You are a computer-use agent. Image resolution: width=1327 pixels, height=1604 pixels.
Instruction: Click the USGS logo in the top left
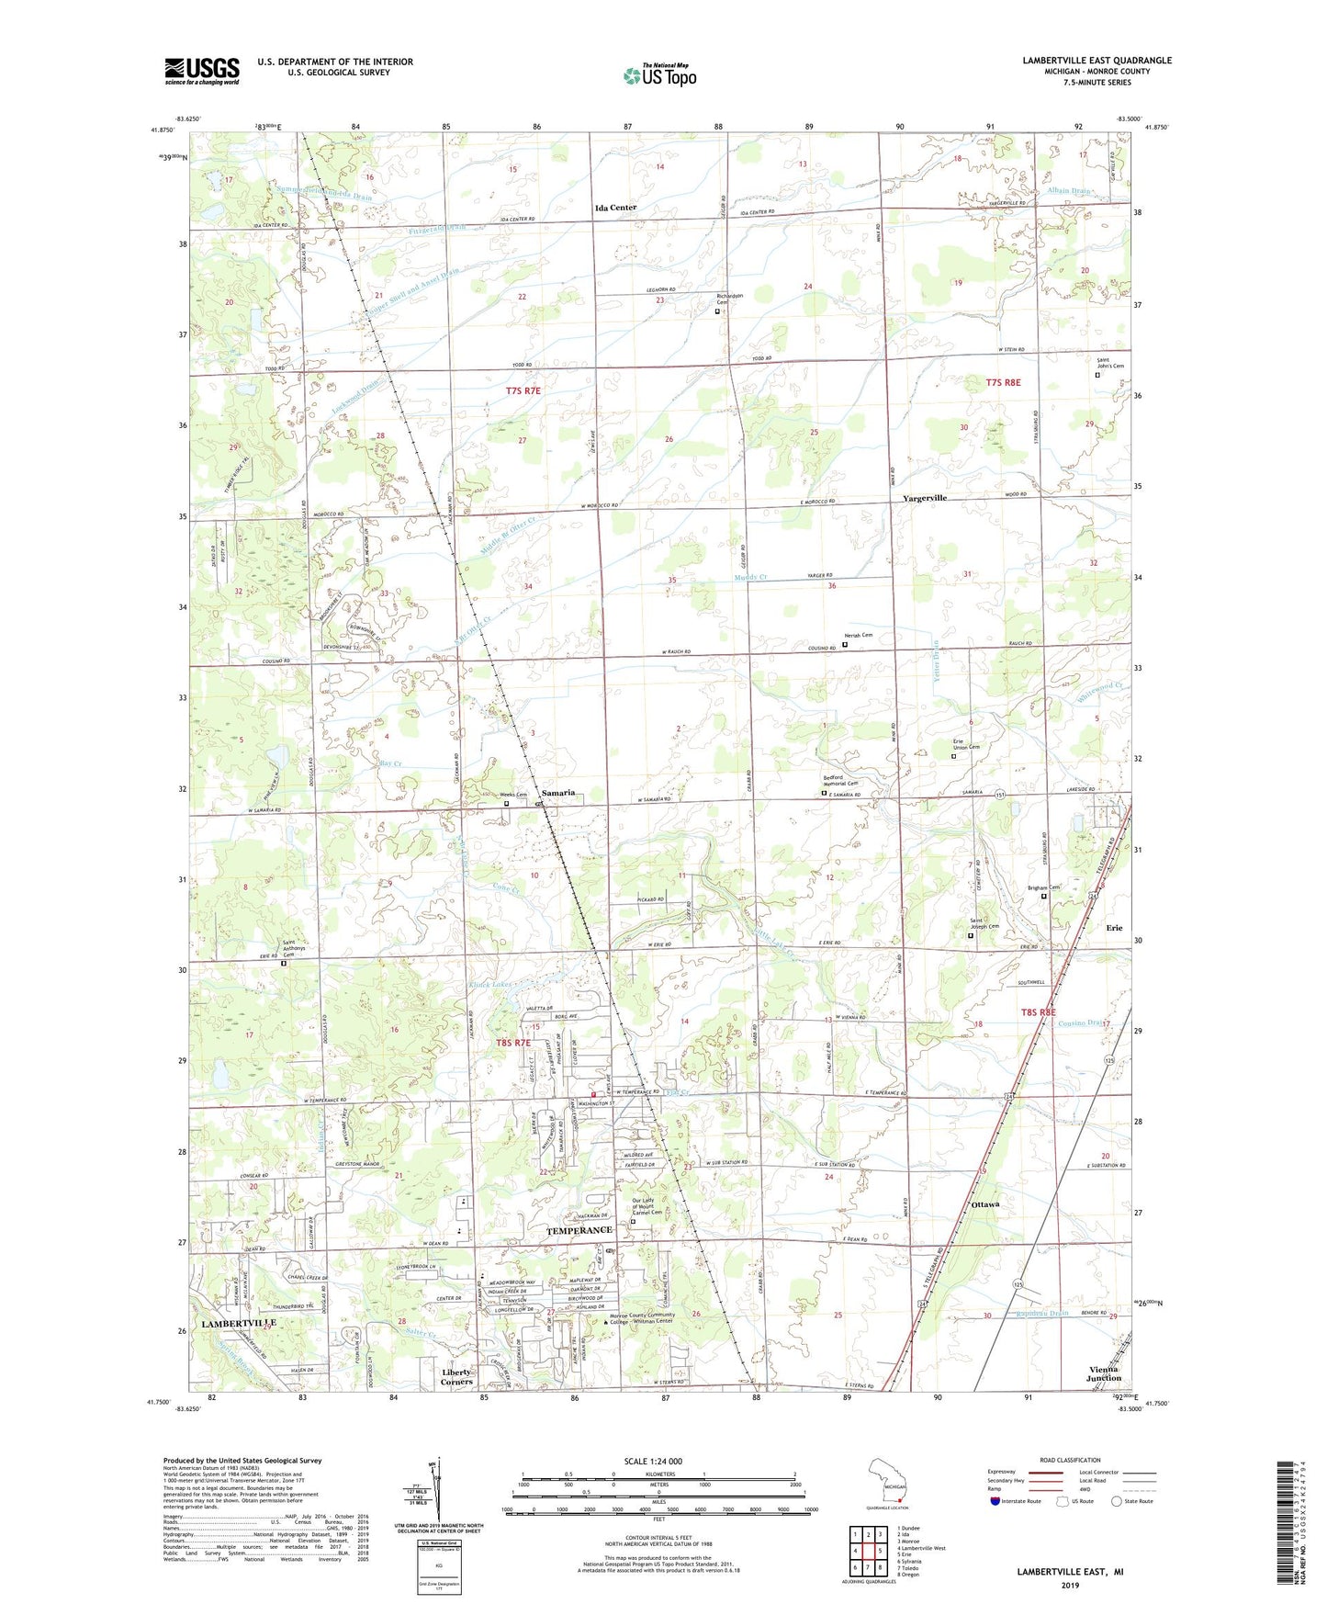pos(202,71)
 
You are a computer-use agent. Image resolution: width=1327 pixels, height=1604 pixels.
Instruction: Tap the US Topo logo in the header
pos(659,75)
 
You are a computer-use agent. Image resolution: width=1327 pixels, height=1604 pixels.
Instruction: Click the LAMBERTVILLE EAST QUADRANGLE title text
pos(1096,61)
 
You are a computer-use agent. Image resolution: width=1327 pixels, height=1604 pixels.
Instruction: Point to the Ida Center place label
pos(615,208)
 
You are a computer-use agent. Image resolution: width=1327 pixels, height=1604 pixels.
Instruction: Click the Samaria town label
pos(558,793)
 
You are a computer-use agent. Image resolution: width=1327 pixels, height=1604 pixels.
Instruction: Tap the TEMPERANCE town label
pos(579,1230)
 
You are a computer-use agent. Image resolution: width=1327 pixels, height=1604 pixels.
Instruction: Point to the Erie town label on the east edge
pos(1114,928)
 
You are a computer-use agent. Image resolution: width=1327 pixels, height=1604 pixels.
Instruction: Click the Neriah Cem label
pos(858,635)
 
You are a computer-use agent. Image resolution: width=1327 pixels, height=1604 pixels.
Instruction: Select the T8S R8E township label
pos(1044,1012)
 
